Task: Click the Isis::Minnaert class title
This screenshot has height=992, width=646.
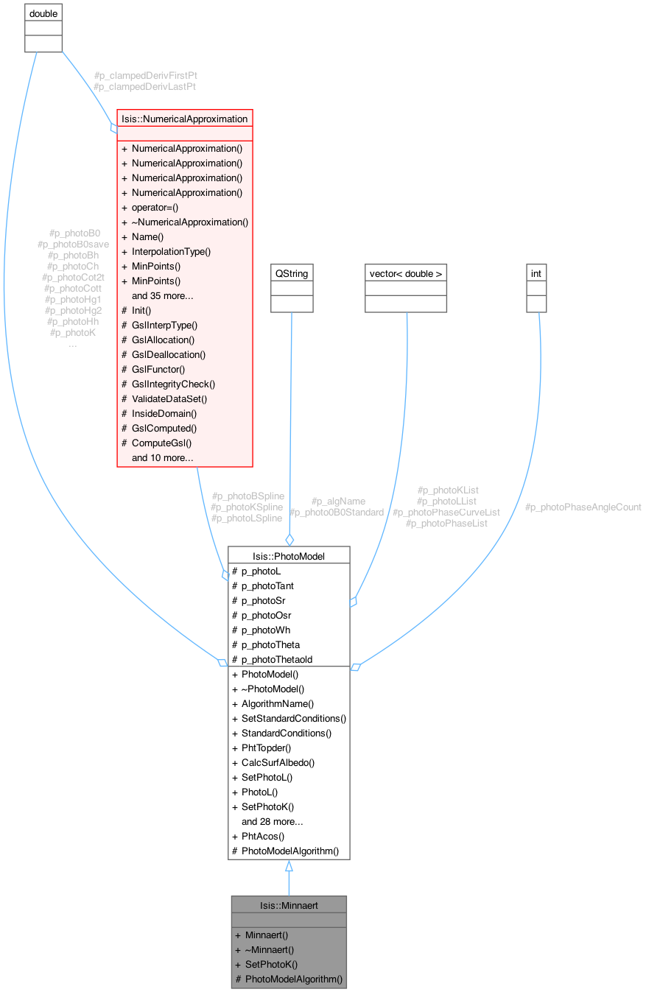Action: point(289,905)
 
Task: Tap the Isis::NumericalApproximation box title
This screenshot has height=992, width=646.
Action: point(184,119)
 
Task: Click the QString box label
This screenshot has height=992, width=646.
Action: point(292,273)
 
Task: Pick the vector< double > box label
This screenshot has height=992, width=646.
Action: point(406,273)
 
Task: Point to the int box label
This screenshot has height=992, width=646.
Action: point(536,273)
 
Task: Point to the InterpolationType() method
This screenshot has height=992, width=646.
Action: point(172,251)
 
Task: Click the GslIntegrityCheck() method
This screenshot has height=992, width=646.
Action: point(173,384)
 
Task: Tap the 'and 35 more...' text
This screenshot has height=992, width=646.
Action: point(163,295)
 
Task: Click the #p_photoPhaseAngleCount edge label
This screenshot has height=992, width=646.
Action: point(583,507)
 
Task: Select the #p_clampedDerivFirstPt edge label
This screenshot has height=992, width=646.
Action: point(145,75)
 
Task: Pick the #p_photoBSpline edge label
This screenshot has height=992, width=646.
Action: point(247,496)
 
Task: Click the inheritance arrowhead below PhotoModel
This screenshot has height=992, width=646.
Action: point(289,867)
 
